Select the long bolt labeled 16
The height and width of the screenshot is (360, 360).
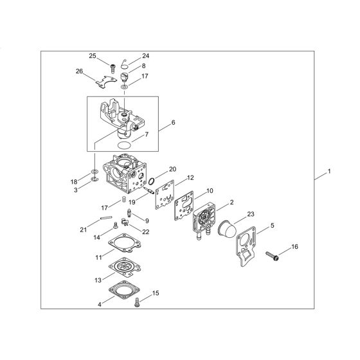coord(269,254)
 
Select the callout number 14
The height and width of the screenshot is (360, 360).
coord(96,237)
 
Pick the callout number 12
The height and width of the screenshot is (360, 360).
coord(190,178)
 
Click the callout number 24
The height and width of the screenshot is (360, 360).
coord(145,55)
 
